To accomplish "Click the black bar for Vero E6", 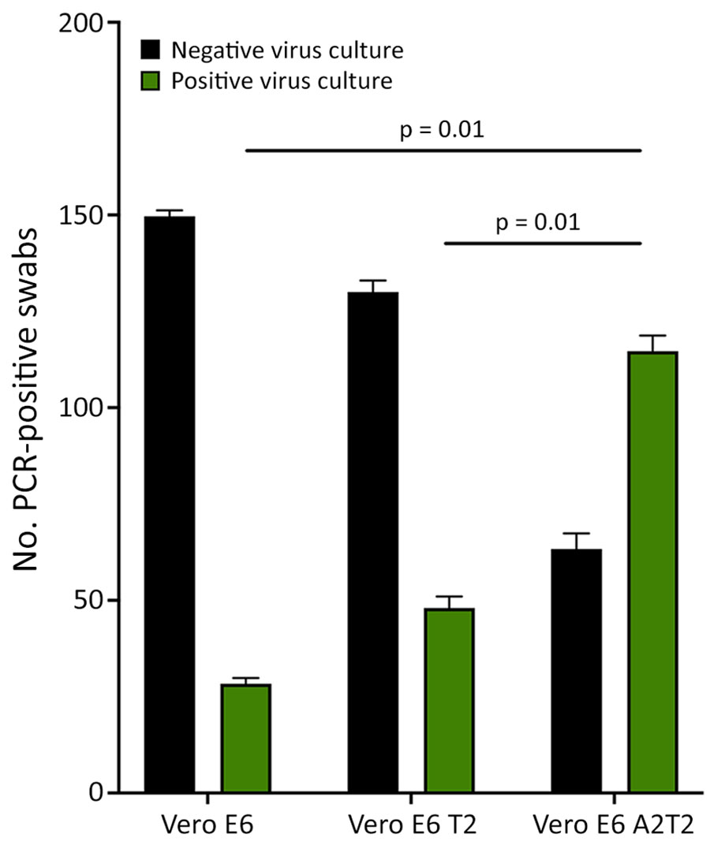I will pyautogui.click(x=169, y=505).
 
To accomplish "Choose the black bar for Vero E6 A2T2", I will pyautogui.click(x=577, y=670).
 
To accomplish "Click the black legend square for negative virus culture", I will pyautogui.click(x=152, y=51).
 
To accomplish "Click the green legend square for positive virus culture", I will pyautogui.click(x=152, y=80).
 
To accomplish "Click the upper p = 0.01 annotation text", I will pyautogui.click(x=443, y=128).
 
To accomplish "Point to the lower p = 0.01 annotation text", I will pyautogui.click(x=541, y=222).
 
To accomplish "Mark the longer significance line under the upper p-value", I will pyautogui.click(x=443, y=150).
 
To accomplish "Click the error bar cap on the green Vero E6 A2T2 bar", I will pyautogui.click(x=653, y=336).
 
